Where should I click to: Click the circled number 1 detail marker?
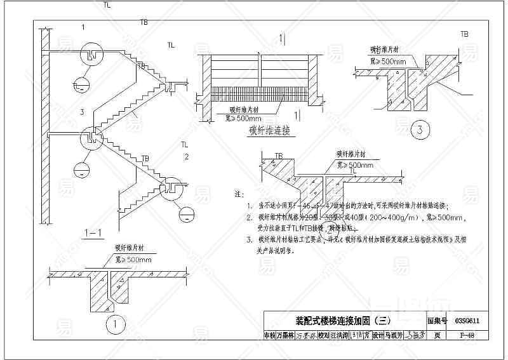tap(114, 324)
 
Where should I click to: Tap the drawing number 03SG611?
tap(467, 322)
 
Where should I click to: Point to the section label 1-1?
tap(93, 233)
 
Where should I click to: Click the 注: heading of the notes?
tap(239, 192)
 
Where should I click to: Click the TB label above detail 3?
tap(465, 34)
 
